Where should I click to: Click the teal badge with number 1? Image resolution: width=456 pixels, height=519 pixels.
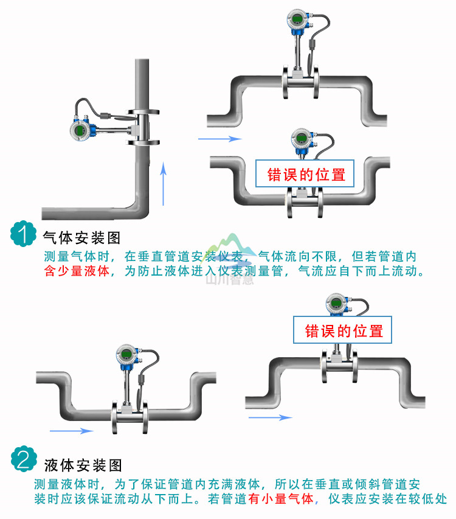(23, 234)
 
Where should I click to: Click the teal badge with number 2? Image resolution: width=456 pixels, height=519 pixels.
(23, 459)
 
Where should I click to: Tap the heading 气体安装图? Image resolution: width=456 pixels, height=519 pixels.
(83, 237)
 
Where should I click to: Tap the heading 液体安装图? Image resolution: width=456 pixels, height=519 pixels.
(83, 465)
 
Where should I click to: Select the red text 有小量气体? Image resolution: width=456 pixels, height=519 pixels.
(280, 500)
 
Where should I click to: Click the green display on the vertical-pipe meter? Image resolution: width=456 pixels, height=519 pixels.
(80, 131)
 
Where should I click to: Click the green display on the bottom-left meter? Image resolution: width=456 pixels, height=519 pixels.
(125, 355)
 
